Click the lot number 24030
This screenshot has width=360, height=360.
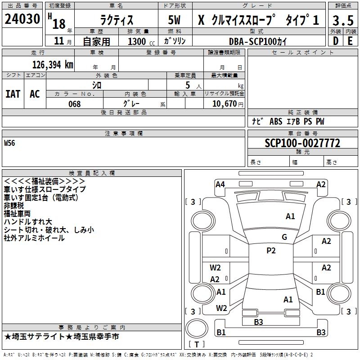tap(22, 19)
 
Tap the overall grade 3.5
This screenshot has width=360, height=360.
tap(343, 20)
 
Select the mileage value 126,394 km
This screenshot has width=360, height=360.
tap(53, 65)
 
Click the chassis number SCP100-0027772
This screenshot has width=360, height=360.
tap(302, 143)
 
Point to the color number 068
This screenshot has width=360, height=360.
tap(75, 104)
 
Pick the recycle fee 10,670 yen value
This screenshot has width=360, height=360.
tap(228, 104)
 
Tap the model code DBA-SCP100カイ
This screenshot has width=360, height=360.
tap(258, 41)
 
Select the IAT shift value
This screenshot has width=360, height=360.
tap(13, 94)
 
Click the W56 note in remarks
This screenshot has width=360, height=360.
tap(9, 143)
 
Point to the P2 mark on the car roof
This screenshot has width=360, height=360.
tap(271, 251)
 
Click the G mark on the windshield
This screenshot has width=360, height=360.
tap(284, 237)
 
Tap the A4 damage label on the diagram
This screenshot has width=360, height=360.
tap(220, 184)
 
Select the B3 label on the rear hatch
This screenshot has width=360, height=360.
tap(258, 322)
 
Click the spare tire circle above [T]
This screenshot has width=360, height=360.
tap(197, 328)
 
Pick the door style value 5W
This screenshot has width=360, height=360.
tap(174, 20)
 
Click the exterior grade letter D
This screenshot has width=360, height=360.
tap(336, 41)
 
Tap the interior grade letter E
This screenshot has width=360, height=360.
tap(350, 41)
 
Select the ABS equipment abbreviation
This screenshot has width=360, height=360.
tap(276, 121)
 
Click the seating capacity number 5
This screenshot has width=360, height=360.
tap(188, 85)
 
